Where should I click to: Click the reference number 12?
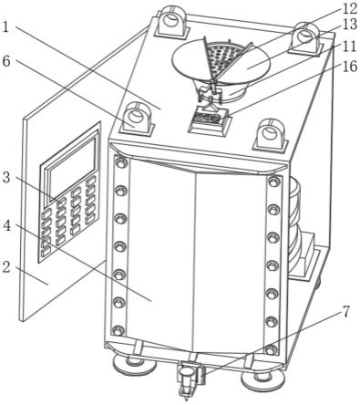pyautogui.click(x=349, y=9)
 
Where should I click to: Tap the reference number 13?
pyautogui.click(x=349, y=25)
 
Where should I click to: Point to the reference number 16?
pyautogui.click(x=349, y=67)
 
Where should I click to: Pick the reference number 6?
pyautogui.click(x=6, y=62)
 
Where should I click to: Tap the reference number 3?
pyautogui.click(x=6, y=178)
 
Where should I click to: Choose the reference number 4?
pyautogui.click(x=7, y=225)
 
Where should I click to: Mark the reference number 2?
pyautogui.click(x=5, y=267)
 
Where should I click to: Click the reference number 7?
pyautogui.click(x=345, y=313)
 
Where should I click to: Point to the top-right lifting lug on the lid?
pyautogui.click(x=305, y=39)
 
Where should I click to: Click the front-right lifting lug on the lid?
pyautogui.click(x=270, y=135)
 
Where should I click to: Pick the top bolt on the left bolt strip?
pyautogui.click(x=120, y=163)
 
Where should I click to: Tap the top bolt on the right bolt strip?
pyautogui.click(x=274, y=182)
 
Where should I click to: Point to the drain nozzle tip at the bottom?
pyautogui.click(x=186, y=395)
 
